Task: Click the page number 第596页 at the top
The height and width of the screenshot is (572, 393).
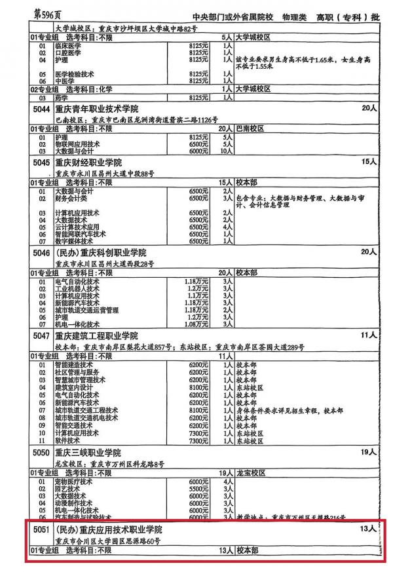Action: point(45,14)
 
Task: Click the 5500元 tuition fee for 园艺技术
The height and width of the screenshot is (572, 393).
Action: point(198,489)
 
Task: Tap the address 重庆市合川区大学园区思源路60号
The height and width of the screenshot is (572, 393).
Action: point(108,541)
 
